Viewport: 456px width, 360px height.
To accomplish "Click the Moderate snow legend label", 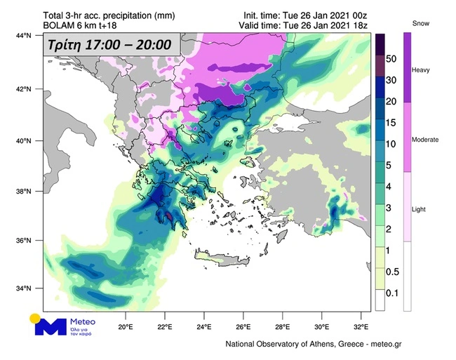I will coord(426,140).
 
